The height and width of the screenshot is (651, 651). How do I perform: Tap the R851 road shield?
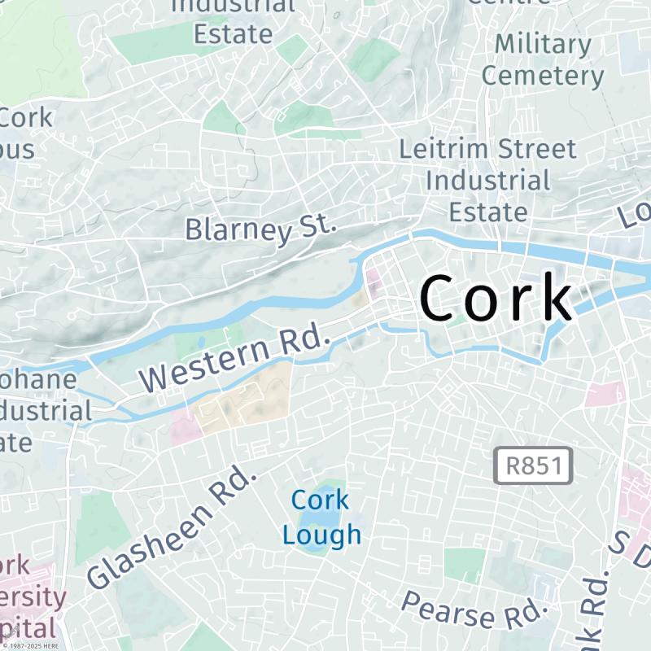(534, 466)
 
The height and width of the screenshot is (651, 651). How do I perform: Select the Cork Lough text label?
(321, 517)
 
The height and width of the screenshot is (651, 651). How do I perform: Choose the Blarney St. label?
(260, 227)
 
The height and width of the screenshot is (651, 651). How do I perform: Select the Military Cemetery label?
(543, 59)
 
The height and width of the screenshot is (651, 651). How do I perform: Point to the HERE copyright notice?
(33, 645)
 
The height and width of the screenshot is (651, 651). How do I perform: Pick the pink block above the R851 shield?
(604, 394)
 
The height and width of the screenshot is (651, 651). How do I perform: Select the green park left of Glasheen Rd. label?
(102, 529)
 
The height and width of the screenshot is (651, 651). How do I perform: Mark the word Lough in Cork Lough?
(322, 535)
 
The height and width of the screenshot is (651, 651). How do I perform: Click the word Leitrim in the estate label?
(444, 149)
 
